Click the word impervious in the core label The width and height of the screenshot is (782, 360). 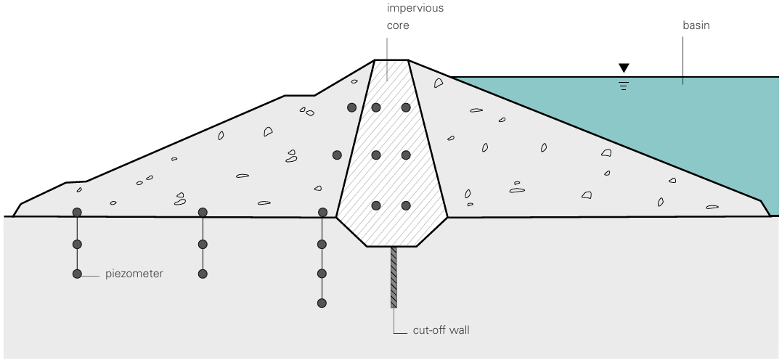[x=415, y=9]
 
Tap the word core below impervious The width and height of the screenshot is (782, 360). [x=398, y=25]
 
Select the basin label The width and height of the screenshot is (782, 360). [x=696, y=25]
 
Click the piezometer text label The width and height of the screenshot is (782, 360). [x=134, y=274]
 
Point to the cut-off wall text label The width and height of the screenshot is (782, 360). [x=441, y=330]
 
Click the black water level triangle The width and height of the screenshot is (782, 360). [x=624, y=68]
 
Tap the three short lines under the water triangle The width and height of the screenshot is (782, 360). [x=624, y=86]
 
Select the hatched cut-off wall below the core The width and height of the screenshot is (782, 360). [x=394, y=277]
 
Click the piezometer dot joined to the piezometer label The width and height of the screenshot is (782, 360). [x=77, y=274]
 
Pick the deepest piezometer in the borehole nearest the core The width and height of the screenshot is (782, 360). [x=322, y=303]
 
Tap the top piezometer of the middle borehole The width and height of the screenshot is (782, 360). [x=203, y=213]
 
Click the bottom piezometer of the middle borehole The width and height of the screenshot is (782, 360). [x=203, y=274]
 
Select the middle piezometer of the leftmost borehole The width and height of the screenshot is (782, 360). [x=77, y=245]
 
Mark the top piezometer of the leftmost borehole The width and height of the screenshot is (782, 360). [x=77, y=213]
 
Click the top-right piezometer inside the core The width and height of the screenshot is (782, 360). [x=406, y=107]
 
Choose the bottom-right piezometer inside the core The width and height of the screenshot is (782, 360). [x=406, y=205]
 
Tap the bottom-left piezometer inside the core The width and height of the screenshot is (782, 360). [x=376, y=205]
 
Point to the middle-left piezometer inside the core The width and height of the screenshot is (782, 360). [x=376, y=155]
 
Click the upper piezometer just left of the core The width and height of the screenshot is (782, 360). [x=351, y=107]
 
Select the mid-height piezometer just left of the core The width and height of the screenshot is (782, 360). [x=337, y=155]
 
